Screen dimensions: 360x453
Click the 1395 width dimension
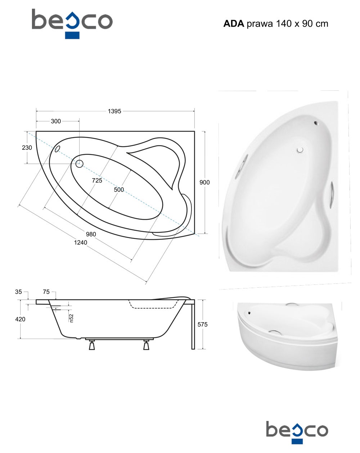(114, 111)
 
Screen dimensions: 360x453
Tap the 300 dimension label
(56, 121)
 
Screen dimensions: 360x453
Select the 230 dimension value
(27, 148)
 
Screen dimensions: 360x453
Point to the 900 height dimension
(204, 182)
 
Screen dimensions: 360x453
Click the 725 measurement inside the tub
(97, 180)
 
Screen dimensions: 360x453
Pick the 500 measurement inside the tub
(119, 189)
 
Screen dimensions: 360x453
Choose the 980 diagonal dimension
(91, 234)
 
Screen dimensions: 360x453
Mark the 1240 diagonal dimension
(80, 242)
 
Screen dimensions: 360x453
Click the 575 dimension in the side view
(203, 324)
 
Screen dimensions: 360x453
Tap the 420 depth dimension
(20, 319)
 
